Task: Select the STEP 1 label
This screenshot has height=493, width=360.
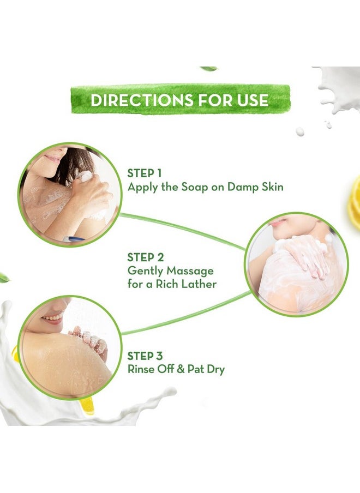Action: (x=145, y=173)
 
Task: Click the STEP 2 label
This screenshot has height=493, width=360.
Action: (x=145, y=257)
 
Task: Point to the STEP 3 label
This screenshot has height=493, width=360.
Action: (x=145, y=356)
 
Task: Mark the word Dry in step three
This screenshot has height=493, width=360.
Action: (x=214, y=369)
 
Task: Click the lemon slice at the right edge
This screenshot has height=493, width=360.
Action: (x=354, y=202)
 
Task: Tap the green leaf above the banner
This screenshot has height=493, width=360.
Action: (x=208, y=68)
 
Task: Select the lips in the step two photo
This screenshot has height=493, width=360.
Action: (x=278, y=223)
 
